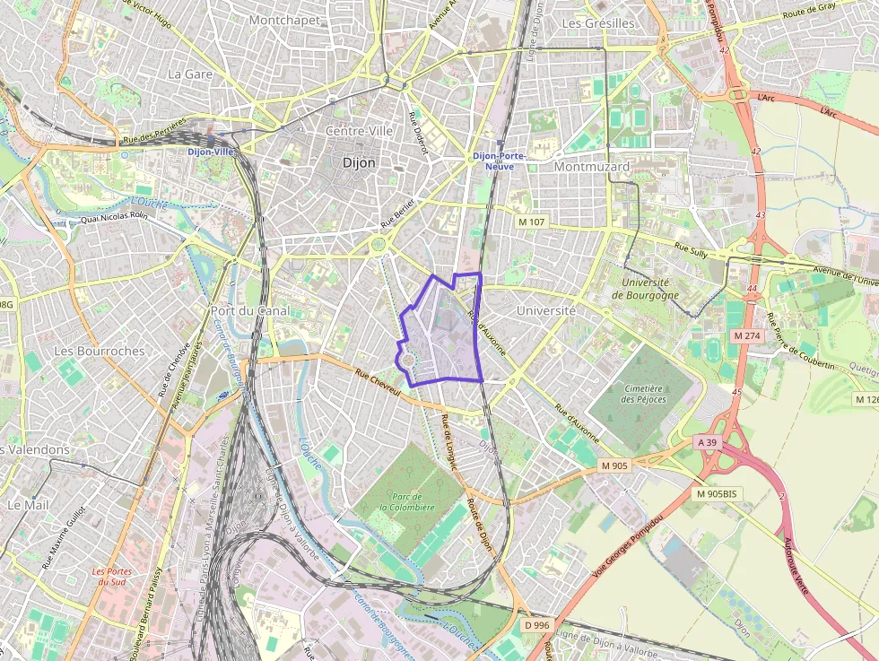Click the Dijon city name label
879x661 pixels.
pyautogui.click(x=359, y=163)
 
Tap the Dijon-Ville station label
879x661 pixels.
pyautogui.click(x=210, y=152)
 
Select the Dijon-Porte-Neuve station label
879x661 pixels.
pyautogui.click(x=498, y=161)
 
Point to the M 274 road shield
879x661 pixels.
pyautogui.click(x=746, y=335)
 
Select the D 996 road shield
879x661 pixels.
pyautogui.click(x=536, y=624)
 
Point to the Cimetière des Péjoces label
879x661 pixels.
pyautogui.click(x=641, y=394)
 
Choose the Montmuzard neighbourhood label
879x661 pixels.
pyautogui.click(x=592, y=166)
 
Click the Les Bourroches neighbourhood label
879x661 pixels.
pyautogui.click(x=99, y=351)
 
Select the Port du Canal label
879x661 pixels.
pyautogui.click(x=249, y=310)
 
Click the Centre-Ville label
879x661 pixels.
pyautogui.click(x=359, y=131)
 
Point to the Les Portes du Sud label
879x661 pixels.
pyautogui.click(x=112, y=576)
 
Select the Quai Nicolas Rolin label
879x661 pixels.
pyautogui.click(x=113, y=216)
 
